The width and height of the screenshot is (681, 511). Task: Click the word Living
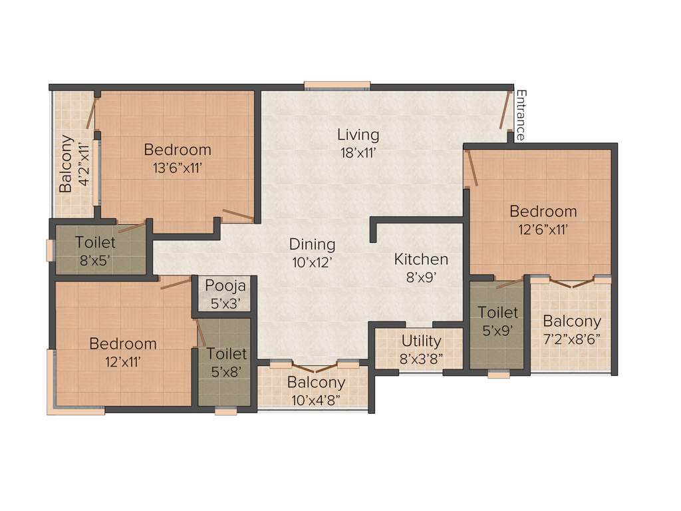tap(358, 134)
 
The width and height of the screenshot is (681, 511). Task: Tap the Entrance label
tap(521, 114)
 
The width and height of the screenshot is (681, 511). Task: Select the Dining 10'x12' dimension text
tap(312, 262)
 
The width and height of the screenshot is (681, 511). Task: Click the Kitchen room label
tap(421, 259)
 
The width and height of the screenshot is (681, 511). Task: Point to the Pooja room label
tap(225, 286)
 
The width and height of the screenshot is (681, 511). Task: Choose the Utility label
tap(421, 341)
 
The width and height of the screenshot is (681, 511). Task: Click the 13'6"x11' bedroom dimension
tap(178, 168)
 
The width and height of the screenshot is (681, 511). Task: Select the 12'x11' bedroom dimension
tap(123, 362)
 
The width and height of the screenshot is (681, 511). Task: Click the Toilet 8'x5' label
tap(94, 243)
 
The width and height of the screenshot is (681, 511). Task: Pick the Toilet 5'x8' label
tap(226, 354)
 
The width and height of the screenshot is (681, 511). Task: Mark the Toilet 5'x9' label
tap(497, 312)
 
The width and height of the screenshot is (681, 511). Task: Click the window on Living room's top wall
tap(337, 85)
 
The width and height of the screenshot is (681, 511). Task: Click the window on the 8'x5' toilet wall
tap(50, 250)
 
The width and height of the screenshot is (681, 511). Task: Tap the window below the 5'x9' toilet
tap(498, 375)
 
